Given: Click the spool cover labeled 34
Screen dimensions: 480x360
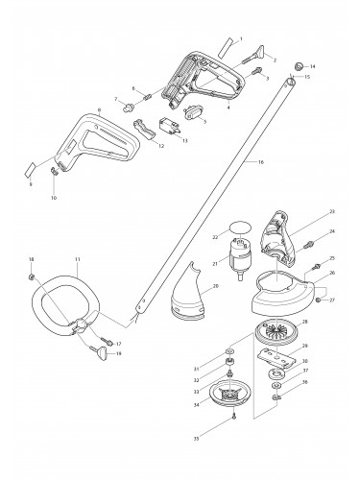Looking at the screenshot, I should pos(232,393).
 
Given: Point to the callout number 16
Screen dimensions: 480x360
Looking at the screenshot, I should pos(259,162).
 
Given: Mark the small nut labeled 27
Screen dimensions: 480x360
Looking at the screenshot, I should pos(319,300).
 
